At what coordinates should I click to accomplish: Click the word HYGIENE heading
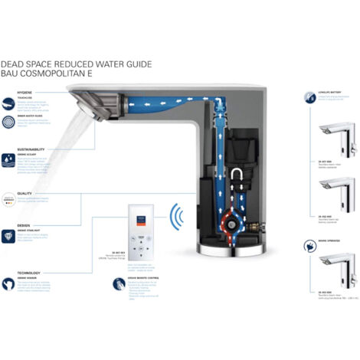[x=25, y=92]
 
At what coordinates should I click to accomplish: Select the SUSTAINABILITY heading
[x=31, y=151]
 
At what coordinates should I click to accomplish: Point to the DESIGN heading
[x=24, y=226]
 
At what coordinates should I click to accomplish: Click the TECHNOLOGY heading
[x=29, y=272]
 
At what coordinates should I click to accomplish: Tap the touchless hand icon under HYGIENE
[x=8, y=102]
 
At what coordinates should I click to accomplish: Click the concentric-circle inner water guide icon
[x=8, y=122]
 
